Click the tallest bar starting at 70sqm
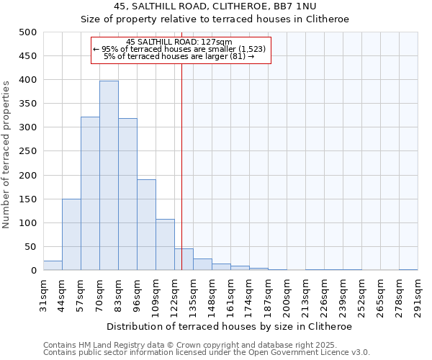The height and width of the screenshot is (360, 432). (x=109, y=176)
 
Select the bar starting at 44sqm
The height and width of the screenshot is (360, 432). (x=71, y=235)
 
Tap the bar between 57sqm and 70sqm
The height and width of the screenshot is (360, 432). (x=90, y=194)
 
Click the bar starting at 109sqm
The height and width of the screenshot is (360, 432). (x=165, y=245)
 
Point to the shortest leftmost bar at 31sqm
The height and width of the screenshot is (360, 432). (x=53, y=266)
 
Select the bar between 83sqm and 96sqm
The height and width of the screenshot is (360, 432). (x=127, y=194)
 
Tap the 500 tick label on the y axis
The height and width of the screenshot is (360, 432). (x=28, y=32)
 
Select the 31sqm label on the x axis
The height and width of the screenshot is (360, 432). (x=43, y=294)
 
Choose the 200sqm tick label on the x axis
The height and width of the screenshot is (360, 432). (x=287, y=294)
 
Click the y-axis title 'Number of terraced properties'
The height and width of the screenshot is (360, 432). (x=6, y=154)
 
